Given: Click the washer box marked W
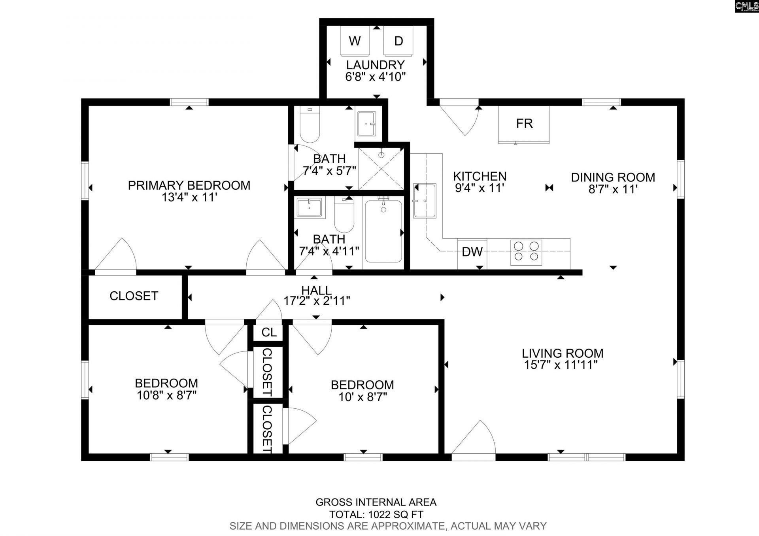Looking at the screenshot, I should point(355,41).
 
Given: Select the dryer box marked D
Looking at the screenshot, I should point(398,41).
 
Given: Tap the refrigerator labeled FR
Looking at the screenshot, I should point(524,124).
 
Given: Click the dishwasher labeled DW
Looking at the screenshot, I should point(472,252).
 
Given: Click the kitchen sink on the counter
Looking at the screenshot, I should point(425,200).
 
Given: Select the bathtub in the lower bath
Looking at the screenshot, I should point(383,231).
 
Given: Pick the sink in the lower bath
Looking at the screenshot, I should point(310,207).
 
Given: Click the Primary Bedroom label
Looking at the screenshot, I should point(189,185).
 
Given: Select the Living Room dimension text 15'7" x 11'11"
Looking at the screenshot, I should point(561,365).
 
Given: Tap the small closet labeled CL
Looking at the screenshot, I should point(268,332).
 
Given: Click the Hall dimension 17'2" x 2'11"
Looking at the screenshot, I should point(317,301).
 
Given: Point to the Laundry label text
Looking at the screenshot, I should point(375,65).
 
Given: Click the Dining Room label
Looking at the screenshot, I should point(613,177).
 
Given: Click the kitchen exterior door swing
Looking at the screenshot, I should point(461,119).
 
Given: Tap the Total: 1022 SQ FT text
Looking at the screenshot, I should point(376,515).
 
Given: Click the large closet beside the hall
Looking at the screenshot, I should point(134,296).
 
